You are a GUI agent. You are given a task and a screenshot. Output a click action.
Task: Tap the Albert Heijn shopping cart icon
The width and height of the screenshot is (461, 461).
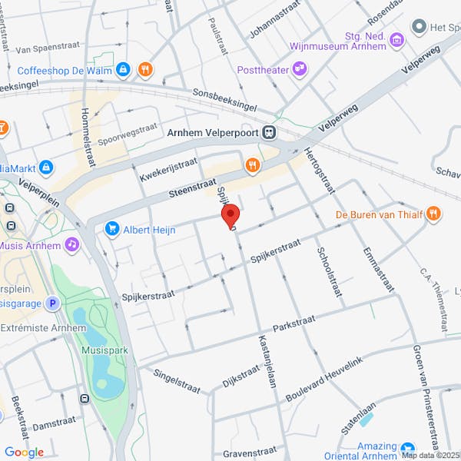[x=113, y=229]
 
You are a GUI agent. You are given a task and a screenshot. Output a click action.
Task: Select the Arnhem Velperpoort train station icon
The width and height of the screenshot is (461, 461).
[x=268, y=132]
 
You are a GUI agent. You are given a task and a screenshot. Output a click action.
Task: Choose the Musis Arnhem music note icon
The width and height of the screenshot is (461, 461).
[x=71, y=244]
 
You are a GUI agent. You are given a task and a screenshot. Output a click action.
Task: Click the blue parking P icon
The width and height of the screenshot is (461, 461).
[x=52, y=303]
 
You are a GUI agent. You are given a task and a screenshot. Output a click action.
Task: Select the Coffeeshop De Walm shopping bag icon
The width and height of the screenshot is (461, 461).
[x=122, y=70]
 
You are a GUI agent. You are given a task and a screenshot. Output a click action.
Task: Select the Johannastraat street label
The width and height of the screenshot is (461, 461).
[x=272, y=22]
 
